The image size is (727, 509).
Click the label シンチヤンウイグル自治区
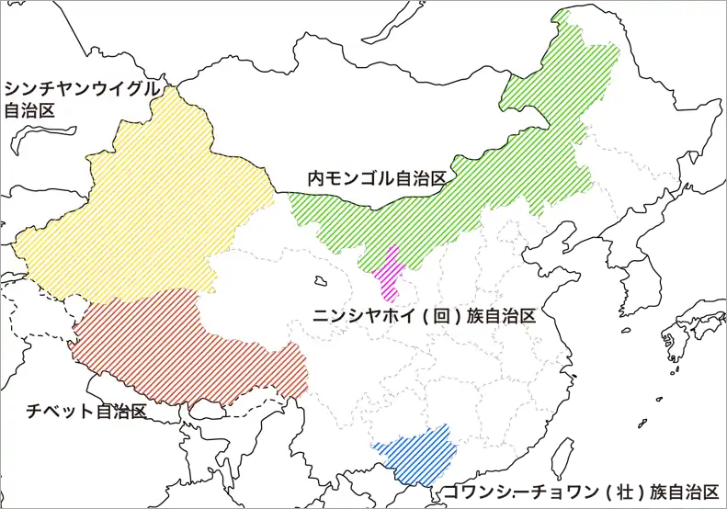(x=81, y=99)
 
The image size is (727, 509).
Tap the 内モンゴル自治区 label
(x=377, y=178)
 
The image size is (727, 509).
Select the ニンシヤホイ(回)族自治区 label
(x=424, y=315)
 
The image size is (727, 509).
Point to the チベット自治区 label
(x=86, y=411)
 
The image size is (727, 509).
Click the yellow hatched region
(x=147, y=202)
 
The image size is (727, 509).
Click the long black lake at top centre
(x=396, y=22)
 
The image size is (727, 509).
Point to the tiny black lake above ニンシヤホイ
(x=320, y=280)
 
